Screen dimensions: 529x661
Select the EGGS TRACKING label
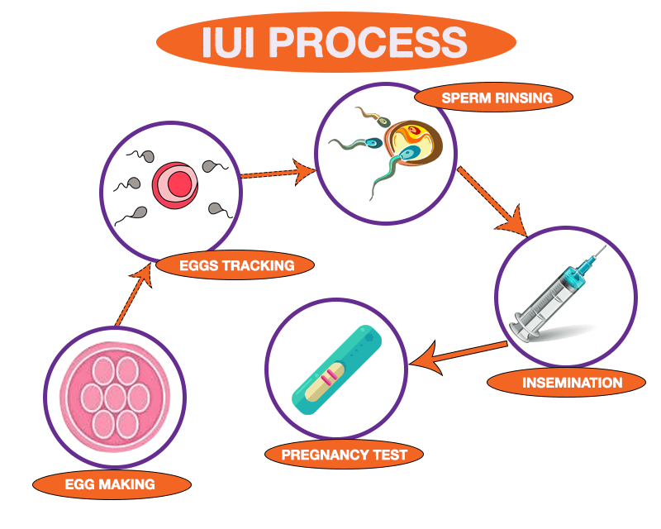click(x=235, y=265)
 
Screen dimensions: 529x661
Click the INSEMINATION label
click(x=565, y=383)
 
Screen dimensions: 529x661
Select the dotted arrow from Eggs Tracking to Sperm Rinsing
click(x=277, y=173)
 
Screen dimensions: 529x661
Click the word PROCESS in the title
click(x=381, y=41)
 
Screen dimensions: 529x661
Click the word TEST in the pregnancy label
click(x=388, y=454)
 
